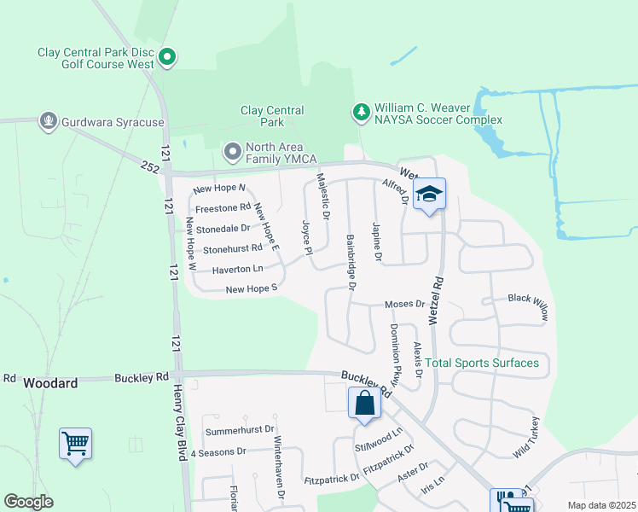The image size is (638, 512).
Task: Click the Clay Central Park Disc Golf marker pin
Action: coord(168,58)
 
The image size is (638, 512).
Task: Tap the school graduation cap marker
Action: coord(430,194)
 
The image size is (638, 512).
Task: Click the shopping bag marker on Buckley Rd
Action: coord(364,403)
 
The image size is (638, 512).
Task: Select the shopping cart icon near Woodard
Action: coord(75,443)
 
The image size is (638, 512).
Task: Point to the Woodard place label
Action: coord(51,383)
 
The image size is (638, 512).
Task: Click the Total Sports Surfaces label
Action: coord(483,363)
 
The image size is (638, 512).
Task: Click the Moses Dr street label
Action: coord(404,304)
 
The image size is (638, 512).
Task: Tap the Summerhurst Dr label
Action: coord(239,428)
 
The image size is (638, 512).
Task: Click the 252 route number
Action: coord(151,167)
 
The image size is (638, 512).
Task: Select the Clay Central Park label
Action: coord(272,116)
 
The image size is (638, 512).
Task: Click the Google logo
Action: coord(29,502)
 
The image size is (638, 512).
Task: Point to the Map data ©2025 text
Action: coord(600,505)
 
